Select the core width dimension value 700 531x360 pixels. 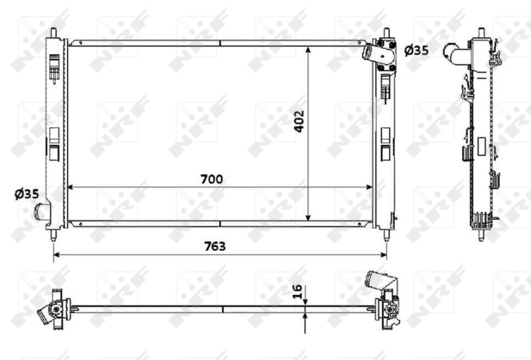tap(214, 179)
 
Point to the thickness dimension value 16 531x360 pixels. tap(297, 292)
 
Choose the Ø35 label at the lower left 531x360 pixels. tap(26, 194)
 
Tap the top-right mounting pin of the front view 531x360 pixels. tap(386, 32)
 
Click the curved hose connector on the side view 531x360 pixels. tap(455, 50)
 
